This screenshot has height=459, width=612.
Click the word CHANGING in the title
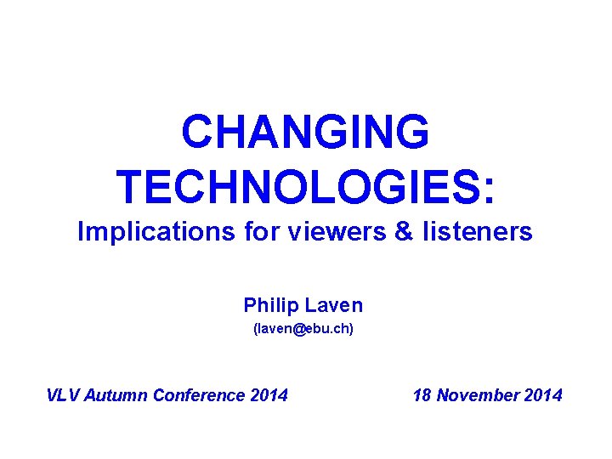click(305, 133)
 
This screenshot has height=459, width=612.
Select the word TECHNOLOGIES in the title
click(297, 187)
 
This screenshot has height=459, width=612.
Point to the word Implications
click(150, 232)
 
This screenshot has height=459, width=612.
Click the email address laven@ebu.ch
click(303, 327)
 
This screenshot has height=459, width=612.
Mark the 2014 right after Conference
click(269, 395)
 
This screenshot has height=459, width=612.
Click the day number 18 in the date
click(422, 395)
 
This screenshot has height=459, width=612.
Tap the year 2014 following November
click(542, 395)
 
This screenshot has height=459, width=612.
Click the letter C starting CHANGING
click(197, 133)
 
